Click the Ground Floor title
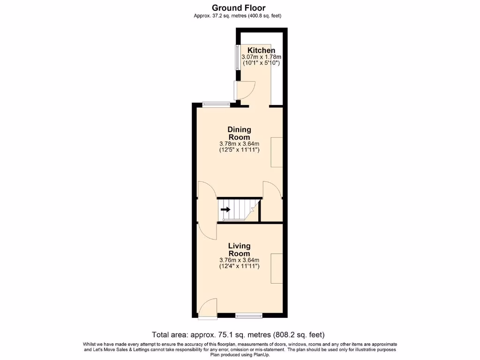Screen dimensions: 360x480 (x=238, y=7)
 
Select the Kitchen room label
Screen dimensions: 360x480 (x=261, y=50)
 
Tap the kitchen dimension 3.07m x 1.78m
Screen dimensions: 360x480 (x=261, y=57)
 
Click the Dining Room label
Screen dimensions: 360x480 (x=239, y=133)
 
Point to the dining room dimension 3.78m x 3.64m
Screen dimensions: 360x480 (x=239, y=144)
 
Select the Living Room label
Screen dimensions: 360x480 (x=239, y=249)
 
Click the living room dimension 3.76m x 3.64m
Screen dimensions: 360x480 (x=239, y=260)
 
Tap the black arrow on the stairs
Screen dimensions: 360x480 (x=225, y=210)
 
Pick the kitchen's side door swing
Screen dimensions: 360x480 (x=245, y=90)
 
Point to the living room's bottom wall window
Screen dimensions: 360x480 (x=249, y=315)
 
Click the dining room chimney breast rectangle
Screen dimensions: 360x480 (x=276, y=152)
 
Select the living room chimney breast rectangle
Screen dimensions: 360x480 (x=276, y=268)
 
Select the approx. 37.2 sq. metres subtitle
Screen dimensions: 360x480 (x=238, y=16)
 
